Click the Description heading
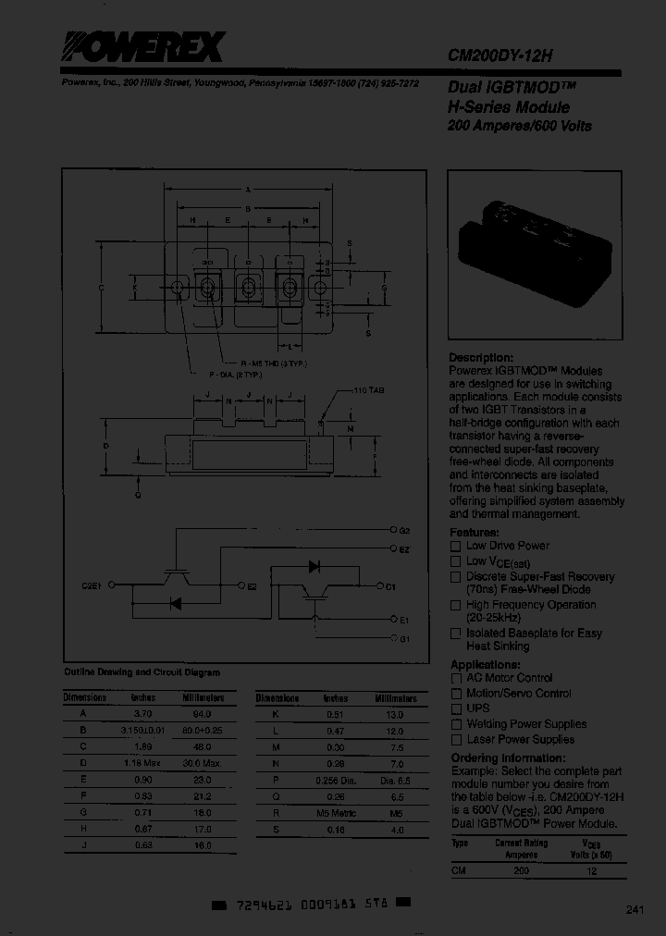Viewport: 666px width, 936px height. (x=480, y=357)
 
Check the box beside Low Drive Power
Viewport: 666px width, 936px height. (x=455, y=547)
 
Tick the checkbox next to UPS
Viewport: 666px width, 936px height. (x=455, y=708)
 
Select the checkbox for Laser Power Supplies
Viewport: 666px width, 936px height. (x=455, y=740)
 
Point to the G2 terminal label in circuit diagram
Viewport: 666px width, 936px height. (x=404, y=531)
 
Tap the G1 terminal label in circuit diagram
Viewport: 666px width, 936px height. (x=404, y=639)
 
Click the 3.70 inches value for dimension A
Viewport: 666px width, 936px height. (x=142, y=714)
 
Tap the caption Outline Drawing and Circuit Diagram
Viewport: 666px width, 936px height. (x=142, y=672)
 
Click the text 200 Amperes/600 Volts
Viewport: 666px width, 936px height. (x=520, y=126)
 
